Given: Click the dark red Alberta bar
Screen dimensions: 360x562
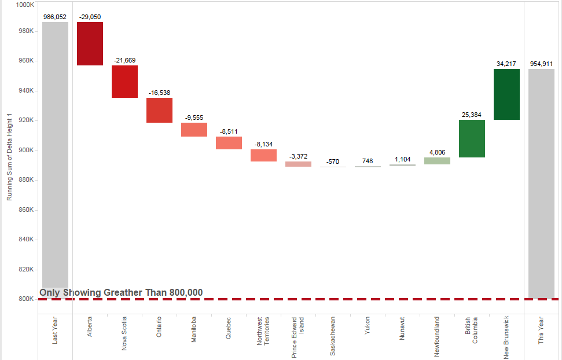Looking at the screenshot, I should (90, 43).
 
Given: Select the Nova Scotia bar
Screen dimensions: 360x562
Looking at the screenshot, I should (124, 82).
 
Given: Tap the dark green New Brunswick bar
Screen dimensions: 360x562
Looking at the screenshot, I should (506, 94).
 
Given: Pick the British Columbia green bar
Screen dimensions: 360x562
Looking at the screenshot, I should (472, 138).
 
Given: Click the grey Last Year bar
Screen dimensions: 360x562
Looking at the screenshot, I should (55, 156).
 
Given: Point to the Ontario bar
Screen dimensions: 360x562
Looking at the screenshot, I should (159, 110).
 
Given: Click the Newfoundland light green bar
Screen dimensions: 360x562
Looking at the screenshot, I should (437, 161).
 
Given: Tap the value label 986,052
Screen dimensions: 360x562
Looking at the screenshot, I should (55, 17).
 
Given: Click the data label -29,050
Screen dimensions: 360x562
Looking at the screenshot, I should (90, 17).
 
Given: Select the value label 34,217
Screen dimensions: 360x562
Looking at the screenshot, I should (506, 64).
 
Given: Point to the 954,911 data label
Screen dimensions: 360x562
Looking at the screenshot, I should (541, 64).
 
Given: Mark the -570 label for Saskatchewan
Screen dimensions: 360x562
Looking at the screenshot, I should (333, 161).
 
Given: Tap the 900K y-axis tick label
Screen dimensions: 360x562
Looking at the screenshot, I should (27, 150).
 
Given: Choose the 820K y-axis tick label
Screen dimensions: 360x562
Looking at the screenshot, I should (27, 269).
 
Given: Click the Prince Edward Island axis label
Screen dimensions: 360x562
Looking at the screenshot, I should (298, 337).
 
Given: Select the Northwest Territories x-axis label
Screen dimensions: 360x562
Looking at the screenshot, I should (263, 331).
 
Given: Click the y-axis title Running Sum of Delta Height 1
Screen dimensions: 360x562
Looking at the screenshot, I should (9, 157).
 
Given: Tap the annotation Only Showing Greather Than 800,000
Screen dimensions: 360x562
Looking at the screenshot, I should (121, 292).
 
